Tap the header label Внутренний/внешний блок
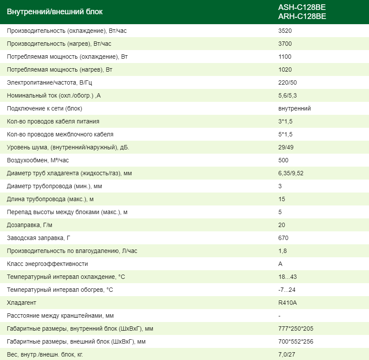click(55, 12)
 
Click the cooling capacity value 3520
click(285, 31)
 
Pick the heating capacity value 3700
click(285, 44)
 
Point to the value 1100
click(285, 57)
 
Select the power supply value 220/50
click(287, 83)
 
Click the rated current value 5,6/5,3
click(288, 96)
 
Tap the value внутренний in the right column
click(294, 109)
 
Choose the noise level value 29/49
click(286, 148)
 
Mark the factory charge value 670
click(284, 238)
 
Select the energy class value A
click(281, 264)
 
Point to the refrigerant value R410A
click(287, 303)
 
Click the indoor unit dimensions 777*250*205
click(296, 329)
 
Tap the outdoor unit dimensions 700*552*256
click(296, 342)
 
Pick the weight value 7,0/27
click(287, 355)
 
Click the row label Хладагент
click(22, 303)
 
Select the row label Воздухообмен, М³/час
click(38, 161)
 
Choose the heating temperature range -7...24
click(287, 290)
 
